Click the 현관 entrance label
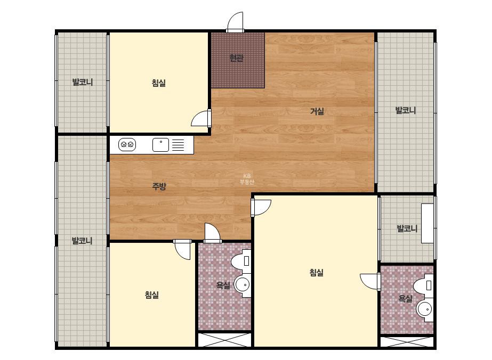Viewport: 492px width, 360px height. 236,58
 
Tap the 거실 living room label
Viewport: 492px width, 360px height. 317,111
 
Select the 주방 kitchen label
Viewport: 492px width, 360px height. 159,186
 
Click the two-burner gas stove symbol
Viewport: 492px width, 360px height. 127,144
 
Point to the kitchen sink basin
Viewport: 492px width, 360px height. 160,145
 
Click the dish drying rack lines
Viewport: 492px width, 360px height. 178,145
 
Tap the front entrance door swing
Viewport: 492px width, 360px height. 235,22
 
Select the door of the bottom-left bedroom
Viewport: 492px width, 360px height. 183,250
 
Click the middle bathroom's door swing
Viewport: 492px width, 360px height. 213,233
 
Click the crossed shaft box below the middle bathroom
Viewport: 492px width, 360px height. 224,340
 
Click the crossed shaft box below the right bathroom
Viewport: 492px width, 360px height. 407,342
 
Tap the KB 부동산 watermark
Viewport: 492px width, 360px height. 247,179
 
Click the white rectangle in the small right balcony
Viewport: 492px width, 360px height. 427,223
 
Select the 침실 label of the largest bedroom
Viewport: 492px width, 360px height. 316,273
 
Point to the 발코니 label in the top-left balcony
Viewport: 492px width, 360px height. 83,82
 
